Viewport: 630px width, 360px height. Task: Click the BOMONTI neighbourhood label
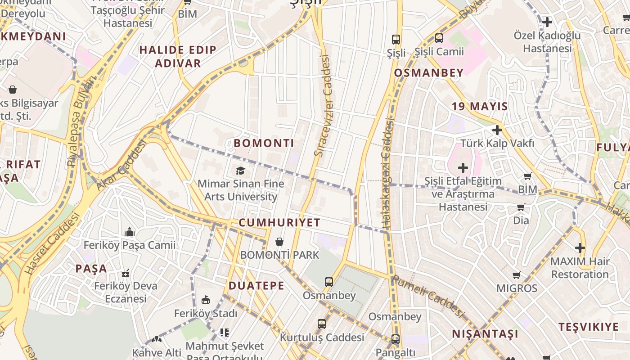(264, 144)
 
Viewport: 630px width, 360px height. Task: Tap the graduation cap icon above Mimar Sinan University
(241, 171)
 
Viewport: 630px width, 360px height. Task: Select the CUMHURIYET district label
(279, 222)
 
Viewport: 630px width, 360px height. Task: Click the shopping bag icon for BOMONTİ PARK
(279, 242)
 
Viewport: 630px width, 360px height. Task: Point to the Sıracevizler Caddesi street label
(323, 106)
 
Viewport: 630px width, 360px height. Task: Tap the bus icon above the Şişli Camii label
(439, 39)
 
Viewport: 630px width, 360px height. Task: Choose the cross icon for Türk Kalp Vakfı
(497, 130)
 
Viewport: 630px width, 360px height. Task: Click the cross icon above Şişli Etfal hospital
(463, 168)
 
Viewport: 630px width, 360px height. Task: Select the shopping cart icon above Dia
(521, 207)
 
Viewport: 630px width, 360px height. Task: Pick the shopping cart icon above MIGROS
(517, 275)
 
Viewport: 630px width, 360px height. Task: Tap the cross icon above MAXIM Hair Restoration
(580, 248)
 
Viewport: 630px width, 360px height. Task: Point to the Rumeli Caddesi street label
(427, 296)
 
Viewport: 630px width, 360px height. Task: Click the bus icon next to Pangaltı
(395, 339)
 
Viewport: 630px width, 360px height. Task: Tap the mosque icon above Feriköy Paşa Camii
(130, 232)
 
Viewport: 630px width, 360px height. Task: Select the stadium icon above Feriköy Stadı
(205, 300)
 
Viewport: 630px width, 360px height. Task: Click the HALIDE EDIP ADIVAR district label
(178, 56)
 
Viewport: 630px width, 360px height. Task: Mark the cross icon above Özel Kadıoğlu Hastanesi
(547, 22)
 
